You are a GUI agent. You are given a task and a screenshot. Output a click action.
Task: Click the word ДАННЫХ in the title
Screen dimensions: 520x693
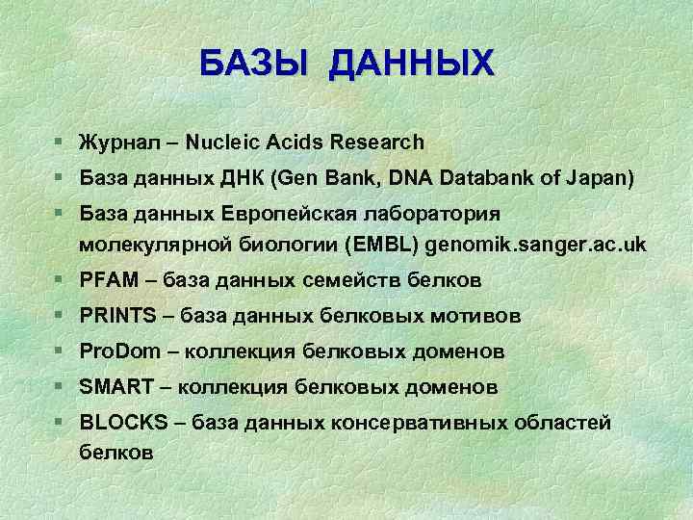[411, 64]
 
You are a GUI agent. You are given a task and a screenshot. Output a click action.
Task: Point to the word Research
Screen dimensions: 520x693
[376, 143]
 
